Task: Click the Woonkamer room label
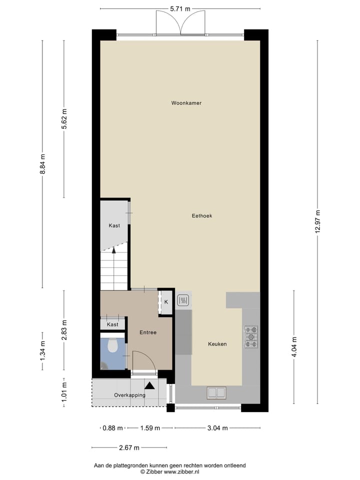click(x=186, y=103)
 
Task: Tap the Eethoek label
click(x=202, y=216)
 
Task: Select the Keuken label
click(x=217, y=344)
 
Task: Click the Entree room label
click(x=148, y=332)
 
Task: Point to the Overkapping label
click(x=129, y=395)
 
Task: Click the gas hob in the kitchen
click(x=250, y=336)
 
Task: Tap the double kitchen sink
click(x=216, y=392)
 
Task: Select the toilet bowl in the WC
click(x=113, y=344)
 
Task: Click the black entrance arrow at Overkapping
click(x=149, y=385)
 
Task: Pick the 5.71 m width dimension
click(x=180, y=9)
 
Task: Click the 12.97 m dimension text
click(x=317, y=225)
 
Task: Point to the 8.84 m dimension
click(x=42, y=163)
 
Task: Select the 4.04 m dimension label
click(x=294, y=347)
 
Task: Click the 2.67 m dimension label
click(x=129, y=447)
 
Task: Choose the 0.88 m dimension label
click(x=112, y=428)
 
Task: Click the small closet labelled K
click(x=166, y=302)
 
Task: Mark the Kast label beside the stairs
click(x=114, y=225)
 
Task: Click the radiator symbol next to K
click(x=183, y=300)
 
